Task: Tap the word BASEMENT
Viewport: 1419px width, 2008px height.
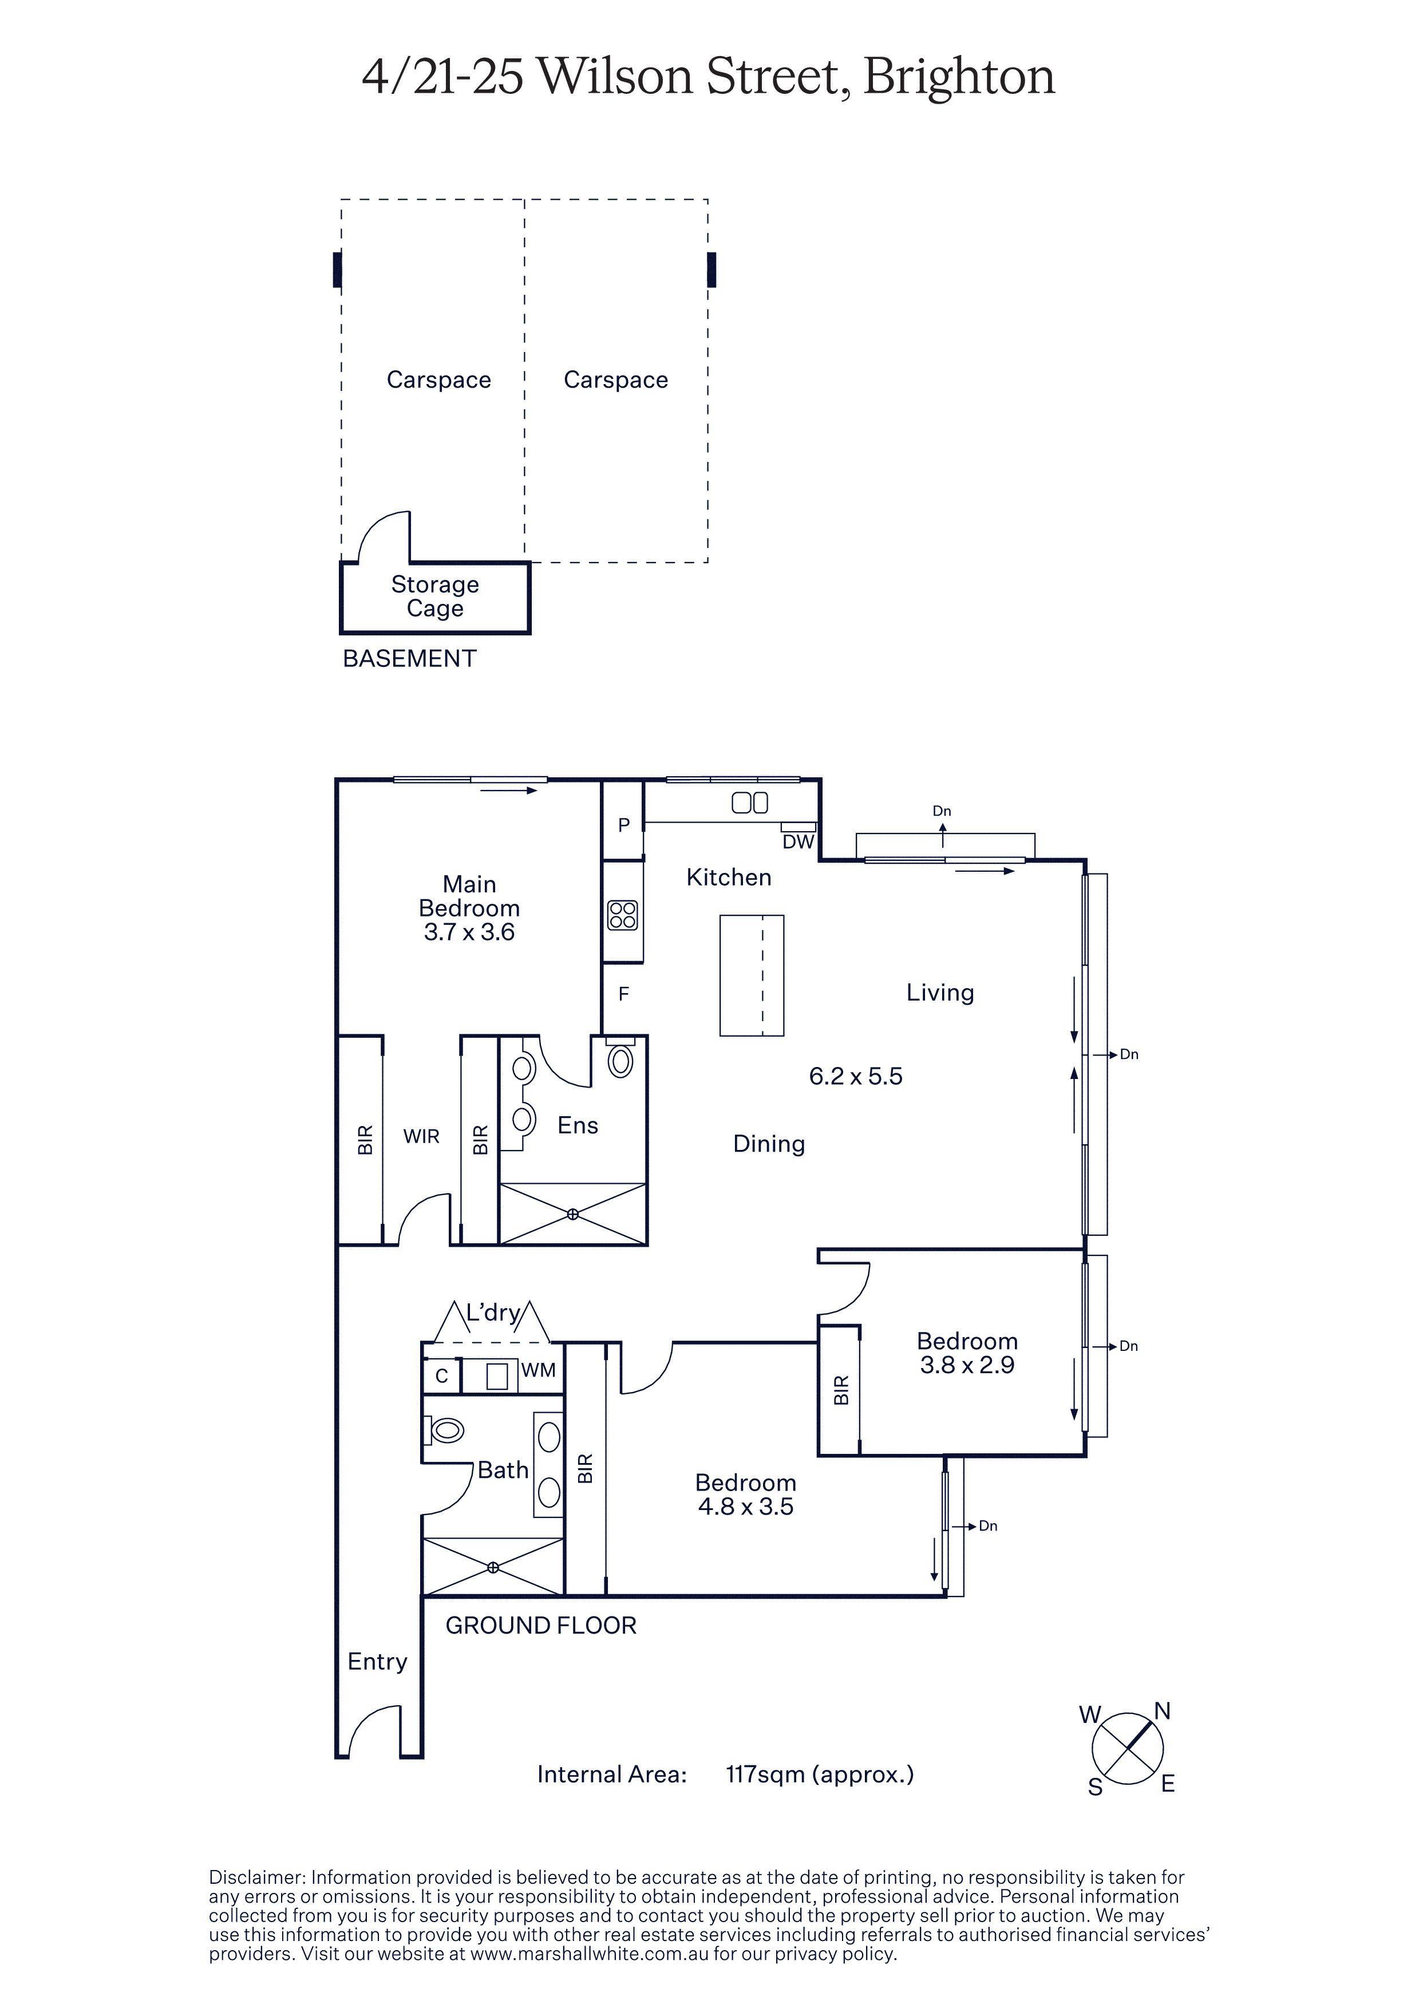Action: [409, 658]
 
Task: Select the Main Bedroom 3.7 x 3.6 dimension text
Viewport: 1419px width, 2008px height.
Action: [469, 932]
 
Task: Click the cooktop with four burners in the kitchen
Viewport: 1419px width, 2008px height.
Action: [623, 916]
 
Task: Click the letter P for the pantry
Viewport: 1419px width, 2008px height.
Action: [623, 825]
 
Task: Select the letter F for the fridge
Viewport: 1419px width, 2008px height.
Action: [623, 994]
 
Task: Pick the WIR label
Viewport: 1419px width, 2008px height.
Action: [421, 1137]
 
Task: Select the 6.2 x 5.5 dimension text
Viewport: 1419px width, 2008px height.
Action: [855, 1077]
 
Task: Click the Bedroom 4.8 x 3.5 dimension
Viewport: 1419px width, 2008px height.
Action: [746, 1507]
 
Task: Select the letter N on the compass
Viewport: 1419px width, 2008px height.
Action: [1162, 1711]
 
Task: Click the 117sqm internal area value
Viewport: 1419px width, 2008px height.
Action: [764, 1774]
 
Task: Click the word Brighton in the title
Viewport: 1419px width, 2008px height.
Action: [959, 77]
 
